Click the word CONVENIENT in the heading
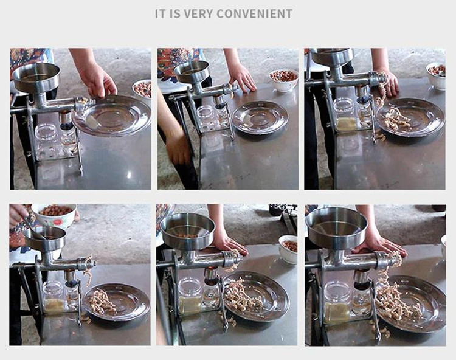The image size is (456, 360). point(255,13)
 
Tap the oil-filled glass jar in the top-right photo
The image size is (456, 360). point(345,114)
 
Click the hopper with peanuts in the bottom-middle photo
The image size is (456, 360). point(188,230)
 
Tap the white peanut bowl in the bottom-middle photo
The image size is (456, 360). point(288,249)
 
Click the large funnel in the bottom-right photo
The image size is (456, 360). point(336,227)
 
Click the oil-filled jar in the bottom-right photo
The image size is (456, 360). point(337,303)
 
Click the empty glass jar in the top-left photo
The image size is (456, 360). point(47,140)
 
